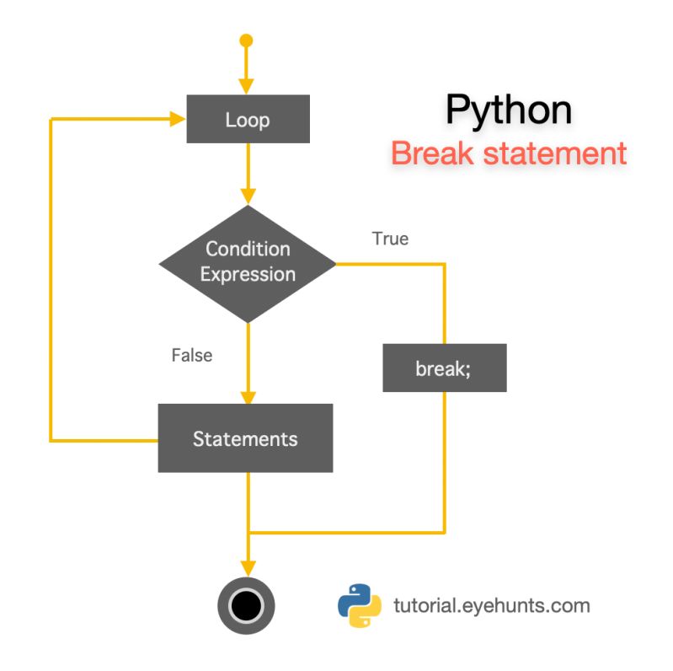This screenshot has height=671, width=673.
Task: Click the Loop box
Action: click(x=248, y=119)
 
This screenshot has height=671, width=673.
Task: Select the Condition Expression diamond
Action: click(x=248, y=262)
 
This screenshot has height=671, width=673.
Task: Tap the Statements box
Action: click(x=245, y=438)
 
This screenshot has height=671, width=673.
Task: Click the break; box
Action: click(x=444, y=368)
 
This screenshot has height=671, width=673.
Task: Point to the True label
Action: click(x=390, y=239)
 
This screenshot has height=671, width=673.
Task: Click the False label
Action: click(x=192, y=355)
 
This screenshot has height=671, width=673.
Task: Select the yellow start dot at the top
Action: click(x=246, y=40)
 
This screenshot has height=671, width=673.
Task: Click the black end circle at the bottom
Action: click(x=247, y=605)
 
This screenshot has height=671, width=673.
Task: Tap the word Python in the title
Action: click(x=508, y=110)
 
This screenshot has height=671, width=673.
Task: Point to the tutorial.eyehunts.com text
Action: click(x=492, y=605)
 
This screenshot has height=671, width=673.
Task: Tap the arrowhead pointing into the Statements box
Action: click(x=247, y=396)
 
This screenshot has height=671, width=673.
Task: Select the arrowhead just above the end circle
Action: click(x=247, y=566)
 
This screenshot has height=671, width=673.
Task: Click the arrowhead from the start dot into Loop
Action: click(x=246, y=86)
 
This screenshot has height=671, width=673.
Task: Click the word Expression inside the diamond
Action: click(x=248, y=275)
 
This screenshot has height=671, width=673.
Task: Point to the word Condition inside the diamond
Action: click(x=248, y=249)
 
